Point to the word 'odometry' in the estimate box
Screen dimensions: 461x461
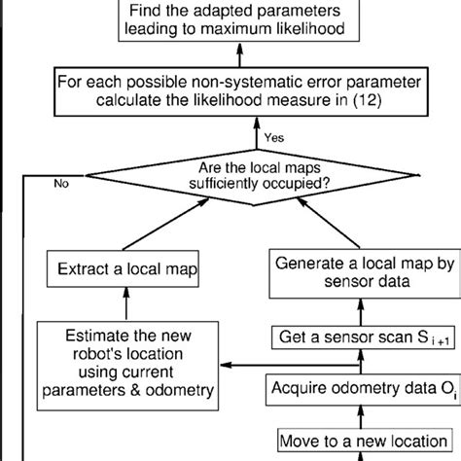(179, 389)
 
